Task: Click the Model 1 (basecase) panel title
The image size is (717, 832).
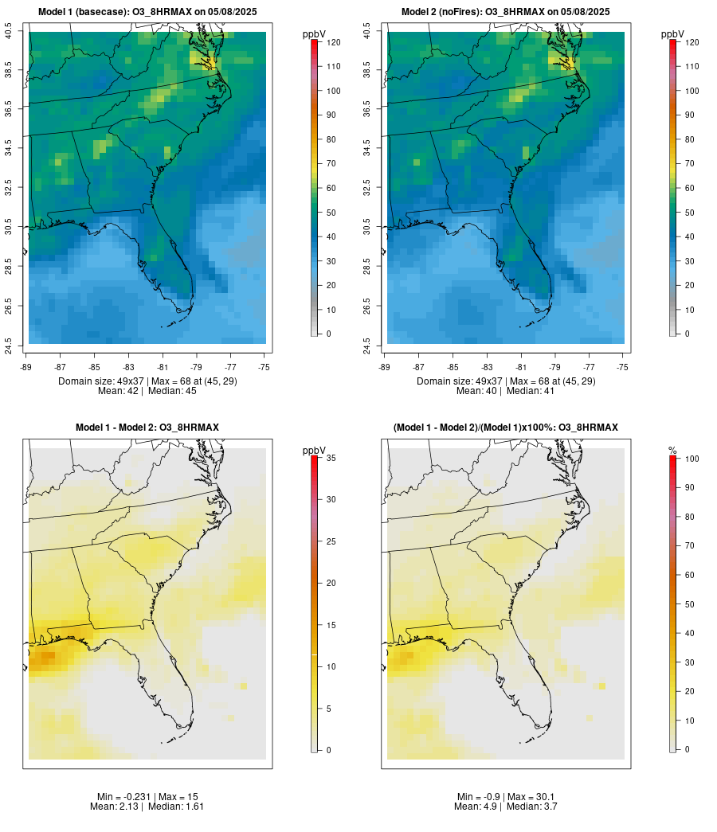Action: pos(147,12)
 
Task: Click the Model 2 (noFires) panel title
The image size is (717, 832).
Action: pos(505,12)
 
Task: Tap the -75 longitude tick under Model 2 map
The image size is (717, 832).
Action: pos(622,367)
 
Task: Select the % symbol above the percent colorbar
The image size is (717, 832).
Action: pos(672,451)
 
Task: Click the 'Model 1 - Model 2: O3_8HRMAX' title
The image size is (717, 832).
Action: pos(147,428)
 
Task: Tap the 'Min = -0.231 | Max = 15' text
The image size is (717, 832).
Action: pos(147,797)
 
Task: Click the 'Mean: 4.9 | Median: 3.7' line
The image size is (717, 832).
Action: pos(505,807)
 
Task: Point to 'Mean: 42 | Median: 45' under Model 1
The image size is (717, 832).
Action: pos(147,391)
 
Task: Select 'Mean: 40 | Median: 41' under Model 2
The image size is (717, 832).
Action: pos(505,391)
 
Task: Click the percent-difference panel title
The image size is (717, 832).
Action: pos(505,428)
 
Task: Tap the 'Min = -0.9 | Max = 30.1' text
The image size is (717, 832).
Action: pos(505,797)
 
